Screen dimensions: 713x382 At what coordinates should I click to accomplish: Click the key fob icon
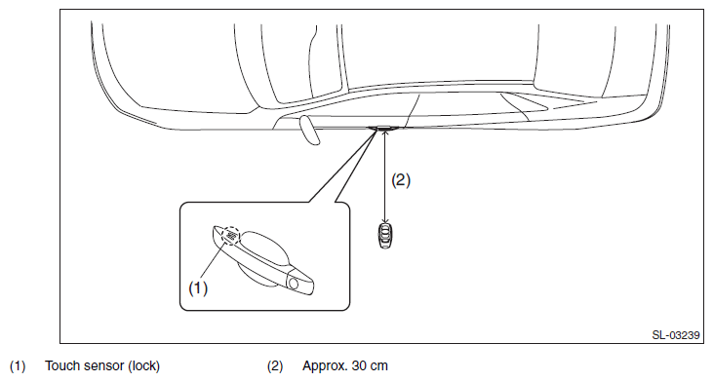coord(385,236)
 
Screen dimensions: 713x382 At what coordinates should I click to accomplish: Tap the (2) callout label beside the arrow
coord(401,180)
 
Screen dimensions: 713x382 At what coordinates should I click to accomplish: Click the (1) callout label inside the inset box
coord(198,288)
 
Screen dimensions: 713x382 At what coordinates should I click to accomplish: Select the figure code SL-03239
coord(676,335)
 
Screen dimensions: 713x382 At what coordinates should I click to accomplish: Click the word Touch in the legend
coord(61,365)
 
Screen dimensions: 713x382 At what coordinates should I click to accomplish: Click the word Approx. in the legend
coord(325,366)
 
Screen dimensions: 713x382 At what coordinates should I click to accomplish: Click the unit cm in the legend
coord(379,366)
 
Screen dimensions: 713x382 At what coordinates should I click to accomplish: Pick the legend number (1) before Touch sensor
coord(18,366)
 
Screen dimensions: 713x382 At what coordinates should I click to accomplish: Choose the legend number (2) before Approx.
coord(275,366)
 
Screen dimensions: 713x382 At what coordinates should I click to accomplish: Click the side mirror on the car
coord(309,130)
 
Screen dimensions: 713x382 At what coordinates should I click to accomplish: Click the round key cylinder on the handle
coord(294,284)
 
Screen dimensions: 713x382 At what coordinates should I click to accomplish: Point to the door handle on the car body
coord(384,128)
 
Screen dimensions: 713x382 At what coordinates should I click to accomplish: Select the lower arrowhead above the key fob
coord(385,219)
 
